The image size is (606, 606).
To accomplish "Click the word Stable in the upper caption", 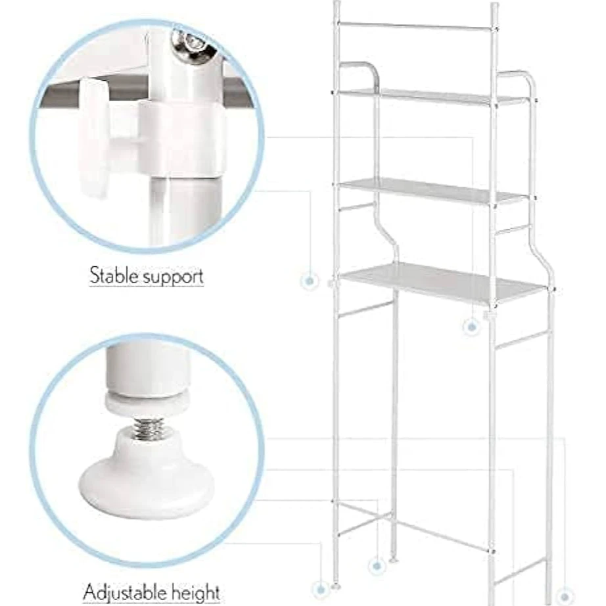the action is click(114, 275).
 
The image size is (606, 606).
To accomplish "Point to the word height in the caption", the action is click(196, 592).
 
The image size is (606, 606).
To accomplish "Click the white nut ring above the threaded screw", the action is click(147, 405).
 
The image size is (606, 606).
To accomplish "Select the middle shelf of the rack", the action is click(433, 191).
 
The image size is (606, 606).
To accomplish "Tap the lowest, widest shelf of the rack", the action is click(444, 283).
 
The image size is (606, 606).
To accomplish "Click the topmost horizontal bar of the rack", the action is click(416, 26).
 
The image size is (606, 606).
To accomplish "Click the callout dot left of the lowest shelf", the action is click(309, 281).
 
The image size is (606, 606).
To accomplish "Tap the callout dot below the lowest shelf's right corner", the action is click(471, 327).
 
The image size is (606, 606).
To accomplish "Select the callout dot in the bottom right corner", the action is click(565, 595).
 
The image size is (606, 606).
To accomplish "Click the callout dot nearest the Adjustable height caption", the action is click(320, 590).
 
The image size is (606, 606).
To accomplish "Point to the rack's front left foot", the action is click(335, 586).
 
